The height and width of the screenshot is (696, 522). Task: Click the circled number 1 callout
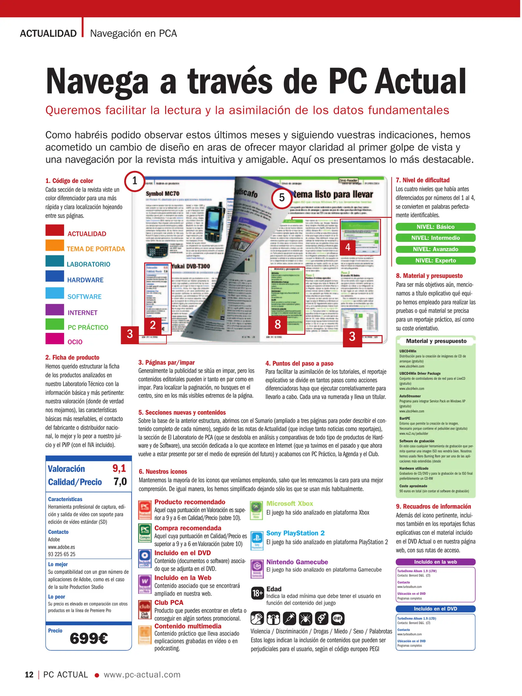pyautogui.click(x=135, y=181)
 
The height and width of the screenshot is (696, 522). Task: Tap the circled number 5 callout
pyautogui.click(x=282, y=198)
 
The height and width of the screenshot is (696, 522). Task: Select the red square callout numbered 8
pyautogui.click(x=278, y=324)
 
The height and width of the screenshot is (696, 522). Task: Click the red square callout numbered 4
pyautogui.click(x=348, y=247)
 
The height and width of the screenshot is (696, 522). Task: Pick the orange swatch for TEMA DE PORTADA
pyautogui.click(x=55, y=245)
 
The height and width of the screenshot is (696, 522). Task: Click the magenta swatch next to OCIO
pyautogui.click(x=55, y=338)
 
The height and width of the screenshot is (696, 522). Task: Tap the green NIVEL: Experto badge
pyautogui.click(x=435, y=260)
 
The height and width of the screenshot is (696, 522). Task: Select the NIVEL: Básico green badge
pyautogui.click(x=435, y=227)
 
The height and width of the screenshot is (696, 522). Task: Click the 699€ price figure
pyautogui.click(x=89, y=638)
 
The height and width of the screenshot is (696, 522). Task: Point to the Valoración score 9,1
pyautogui.click(x=119, y=468)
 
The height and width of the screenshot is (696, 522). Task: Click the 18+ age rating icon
pyautogui.click(x=258, y=593)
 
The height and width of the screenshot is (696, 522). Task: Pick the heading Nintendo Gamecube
pyautogui.click(x=297, y=562)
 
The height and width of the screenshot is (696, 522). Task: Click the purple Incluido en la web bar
pyautogui.click(x=435, y=562)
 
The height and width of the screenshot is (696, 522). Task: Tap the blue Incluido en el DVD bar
pyautogui.click(x=435, y=609)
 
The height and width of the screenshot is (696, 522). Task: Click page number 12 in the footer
pyautogui.click(x=29, y=675)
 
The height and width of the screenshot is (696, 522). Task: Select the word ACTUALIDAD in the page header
pyautogui.click(x=48, y=34)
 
